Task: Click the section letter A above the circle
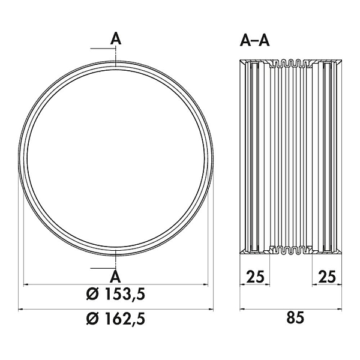pos(115,39)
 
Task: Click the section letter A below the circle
pos(115,277)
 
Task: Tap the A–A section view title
pos(254,41)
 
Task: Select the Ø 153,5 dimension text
pos(116,294)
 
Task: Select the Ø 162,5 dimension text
pos(116,319)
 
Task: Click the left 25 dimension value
pos(256,277)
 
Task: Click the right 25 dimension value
pos(327,277)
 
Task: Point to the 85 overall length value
pos(295,318)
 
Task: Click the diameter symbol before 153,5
pos(92,295)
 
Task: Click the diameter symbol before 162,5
pos(92,319)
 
